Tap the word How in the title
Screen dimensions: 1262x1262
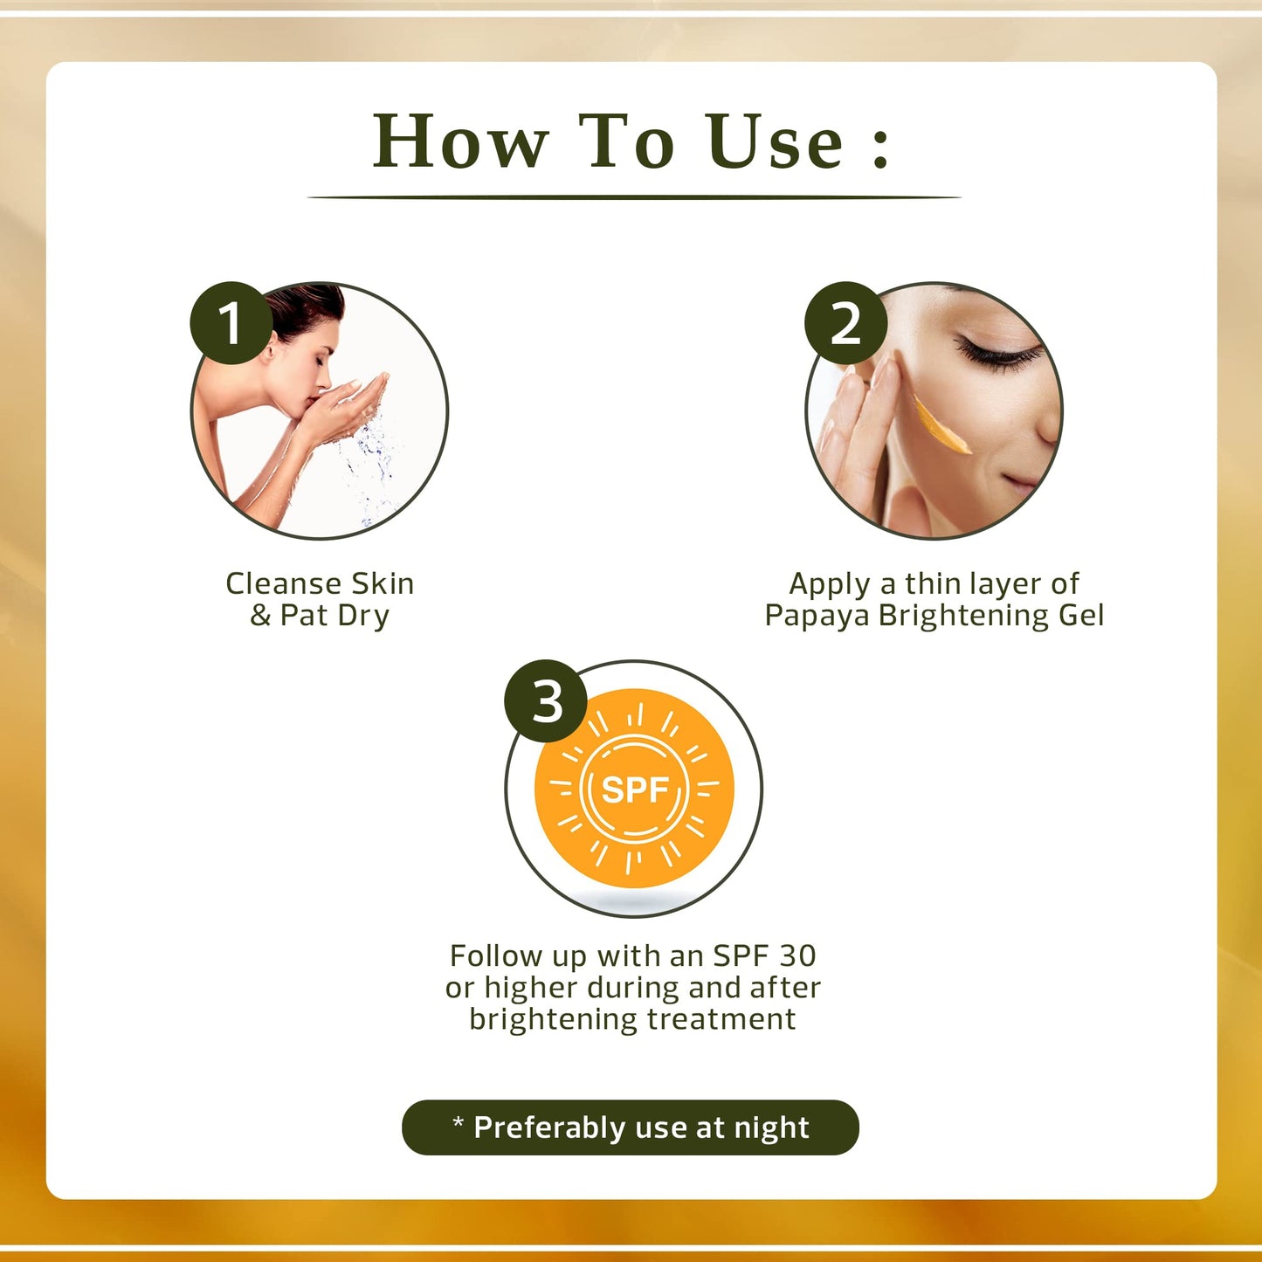pos(460,142)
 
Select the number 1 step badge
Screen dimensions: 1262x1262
pos(231,323)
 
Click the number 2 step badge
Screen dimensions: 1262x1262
pos(845,323)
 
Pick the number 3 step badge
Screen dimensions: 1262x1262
pos(547,701)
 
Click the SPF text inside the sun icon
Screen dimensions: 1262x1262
pos(635,790)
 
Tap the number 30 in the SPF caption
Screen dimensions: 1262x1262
pos(797,955)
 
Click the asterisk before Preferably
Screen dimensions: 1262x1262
pos(458,1122)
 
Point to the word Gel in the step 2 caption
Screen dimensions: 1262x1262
pos(1081,616)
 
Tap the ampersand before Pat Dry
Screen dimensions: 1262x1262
pos(260,616)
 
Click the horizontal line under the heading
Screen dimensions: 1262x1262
pos(634,197)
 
